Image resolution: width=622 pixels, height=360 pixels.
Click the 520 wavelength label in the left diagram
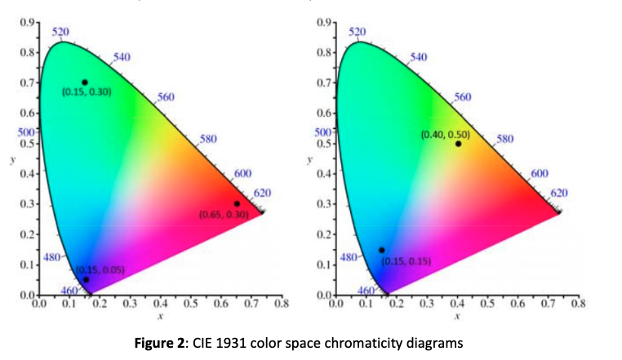point(60,32)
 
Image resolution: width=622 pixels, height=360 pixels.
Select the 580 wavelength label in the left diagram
point(208,139)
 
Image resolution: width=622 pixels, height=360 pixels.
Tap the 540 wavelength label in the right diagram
point(418,57)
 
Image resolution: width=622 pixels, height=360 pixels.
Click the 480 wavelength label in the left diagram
point(51,258)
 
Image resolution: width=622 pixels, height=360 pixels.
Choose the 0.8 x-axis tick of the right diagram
point(578,304)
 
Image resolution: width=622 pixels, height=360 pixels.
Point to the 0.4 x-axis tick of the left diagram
point(160,304)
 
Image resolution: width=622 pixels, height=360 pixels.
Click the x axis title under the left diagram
point(161,314)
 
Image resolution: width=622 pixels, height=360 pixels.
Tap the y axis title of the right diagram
point(308,160)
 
